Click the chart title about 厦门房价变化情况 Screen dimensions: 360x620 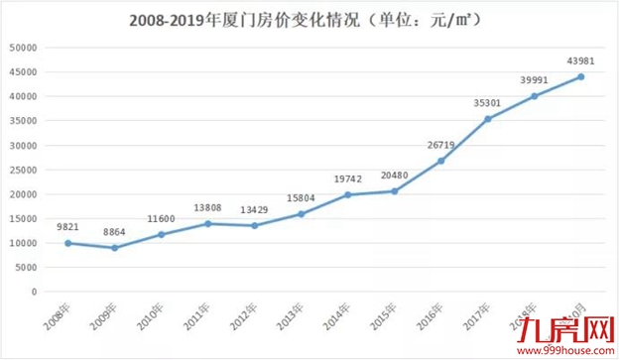310,19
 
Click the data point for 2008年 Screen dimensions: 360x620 67,243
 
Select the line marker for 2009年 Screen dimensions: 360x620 114,248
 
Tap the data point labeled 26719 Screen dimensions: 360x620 441,161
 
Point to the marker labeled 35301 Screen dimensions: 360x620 488,119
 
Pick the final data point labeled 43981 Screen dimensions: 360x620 581,76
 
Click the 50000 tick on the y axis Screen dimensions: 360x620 22,48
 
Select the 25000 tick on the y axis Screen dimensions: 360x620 22,170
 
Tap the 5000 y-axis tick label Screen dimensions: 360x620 25,268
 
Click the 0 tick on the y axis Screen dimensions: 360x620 34,292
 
